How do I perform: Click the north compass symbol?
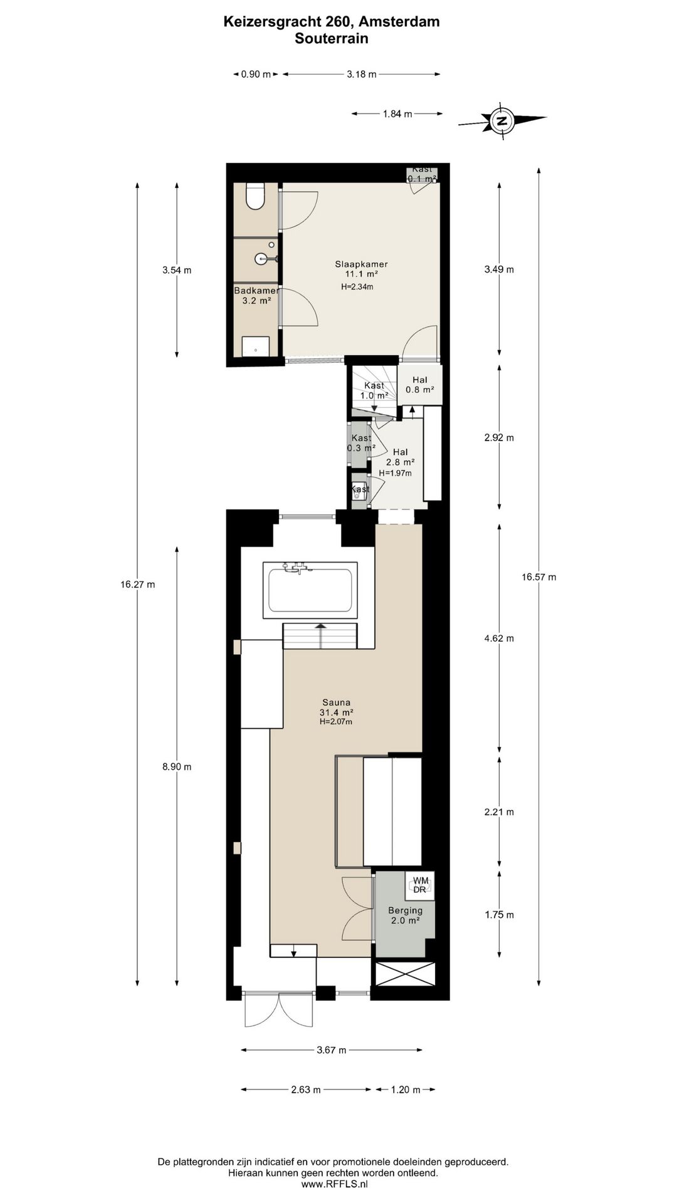coord(501,120)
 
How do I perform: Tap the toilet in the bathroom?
coord(255,196)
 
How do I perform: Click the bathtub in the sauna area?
coord(310,590)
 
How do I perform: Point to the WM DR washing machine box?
coord(420,885)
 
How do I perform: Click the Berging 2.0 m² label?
coord(405,915)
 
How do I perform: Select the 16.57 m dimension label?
coord(538,577)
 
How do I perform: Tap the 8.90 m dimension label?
coord(177,766)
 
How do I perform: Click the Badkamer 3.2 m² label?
coord(256,296)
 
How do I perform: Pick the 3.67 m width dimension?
coord(332,1050)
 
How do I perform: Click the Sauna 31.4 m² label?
coord(336,712)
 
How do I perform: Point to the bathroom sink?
coord(263,258)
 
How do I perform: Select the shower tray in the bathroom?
coord(256,346)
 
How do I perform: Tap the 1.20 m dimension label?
coord(405,1090)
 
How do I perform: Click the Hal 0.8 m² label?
coord(420,385)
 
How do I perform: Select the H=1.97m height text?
coord(395,473)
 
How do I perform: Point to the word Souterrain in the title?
coord(332,38)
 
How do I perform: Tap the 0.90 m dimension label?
coord(256,75)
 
